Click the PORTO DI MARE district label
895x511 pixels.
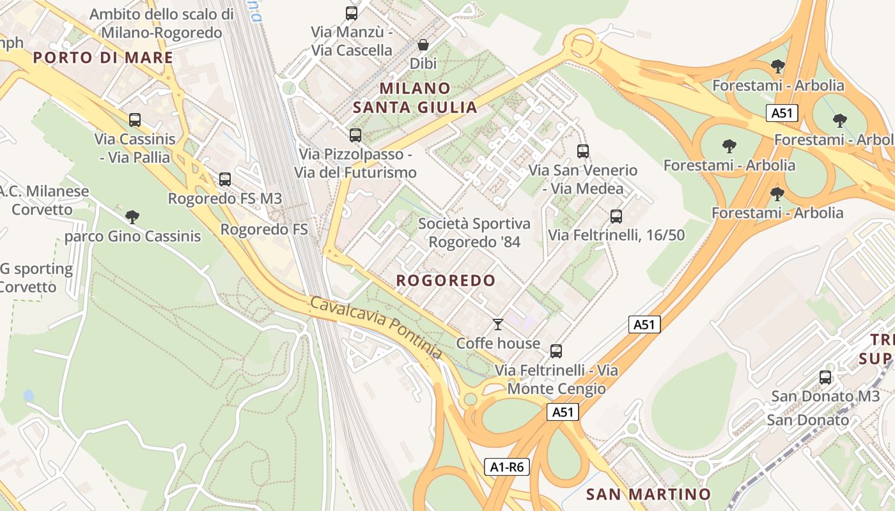pos(103,57)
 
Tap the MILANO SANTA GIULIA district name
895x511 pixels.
pos(415,97)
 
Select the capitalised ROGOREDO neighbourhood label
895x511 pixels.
pos(446,280)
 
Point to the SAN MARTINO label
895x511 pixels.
pos(648,494)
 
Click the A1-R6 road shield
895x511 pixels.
pos(507,467)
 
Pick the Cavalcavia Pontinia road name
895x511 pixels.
pos(376,327)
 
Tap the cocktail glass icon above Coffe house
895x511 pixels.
pos(498,324)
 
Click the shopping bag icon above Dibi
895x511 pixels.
pos(423,45)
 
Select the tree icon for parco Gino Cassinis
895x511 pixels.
pos(132,217)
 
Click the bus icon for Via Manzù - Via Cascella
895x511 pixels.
pos(351,13)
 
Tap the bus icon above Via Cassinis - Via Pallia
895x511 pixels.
pos(134,119)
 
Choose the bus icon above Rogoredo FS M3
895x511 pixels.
pos(224,179)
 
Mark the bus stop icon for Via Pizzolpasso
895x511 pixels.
pos(355,135)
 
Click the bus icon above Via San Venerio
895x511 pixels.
pos(582,151)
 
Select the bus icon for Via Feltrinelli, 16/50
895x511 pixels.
pos(616,217)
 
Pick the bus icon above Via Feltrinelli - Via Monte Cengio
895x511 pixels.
pos(556,351)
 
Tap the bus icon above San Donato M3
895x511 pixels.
pos(825,378)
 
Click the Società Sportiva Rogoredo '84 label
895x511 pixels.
pos(474,233)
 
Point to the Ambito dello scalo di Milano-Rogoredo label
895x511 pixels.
pos(162,23)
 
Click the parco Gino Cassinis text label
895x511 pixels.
pos(132,236)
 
